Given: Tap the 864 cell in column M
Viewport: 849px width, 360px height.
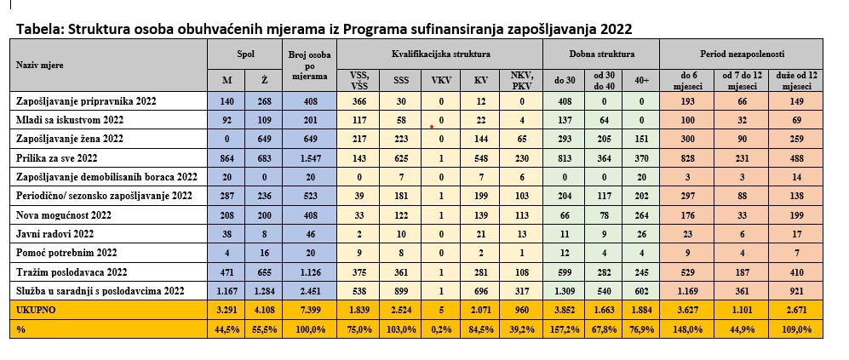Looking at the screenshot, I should (227, 157).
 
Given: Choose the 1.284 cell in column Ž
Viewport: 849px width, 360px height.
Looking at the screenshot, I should (261, 290).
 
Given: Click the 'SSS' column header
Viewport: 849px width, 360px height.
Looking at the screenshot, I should (399, 81).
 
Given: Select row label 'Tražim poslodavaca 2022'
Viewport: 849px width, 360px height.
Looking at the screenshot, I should (72, 271).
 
